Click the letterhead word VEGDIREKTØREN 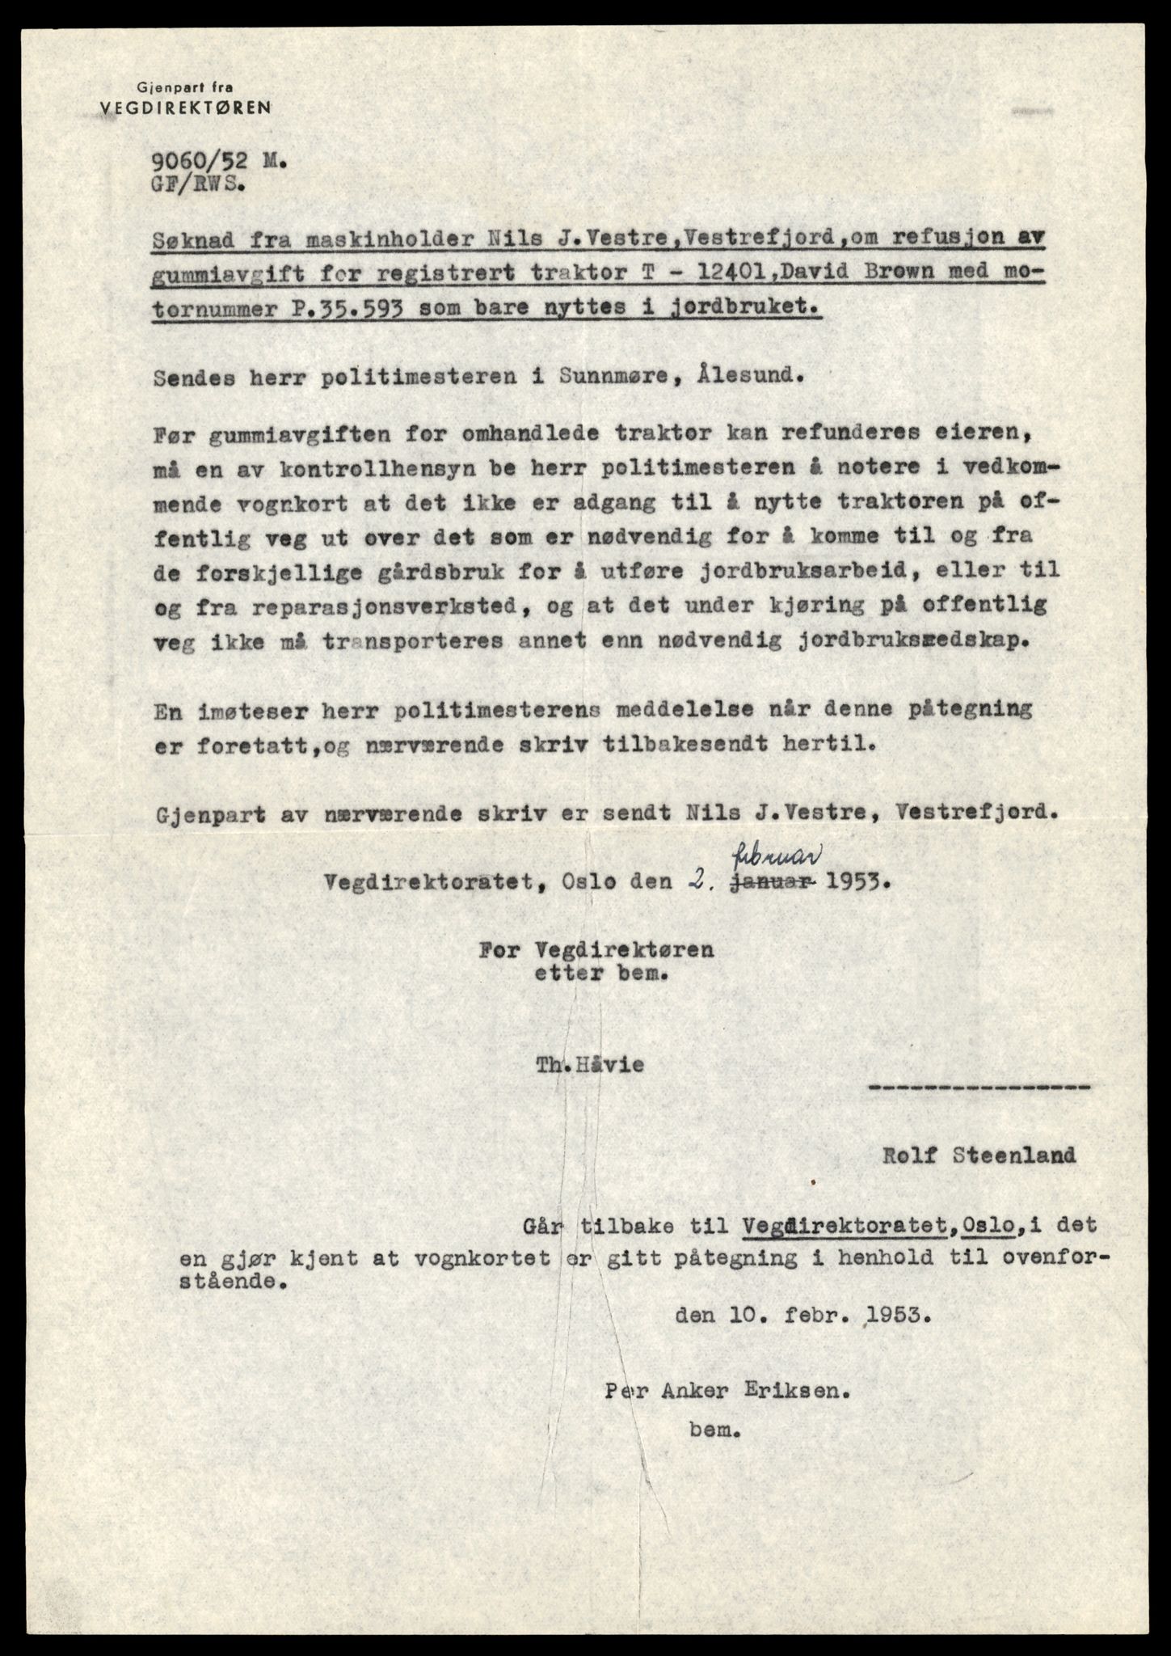pos(185,107)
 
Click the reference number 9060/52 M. pos(217,162)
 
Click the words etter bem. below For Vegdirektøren pos(600,974)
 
